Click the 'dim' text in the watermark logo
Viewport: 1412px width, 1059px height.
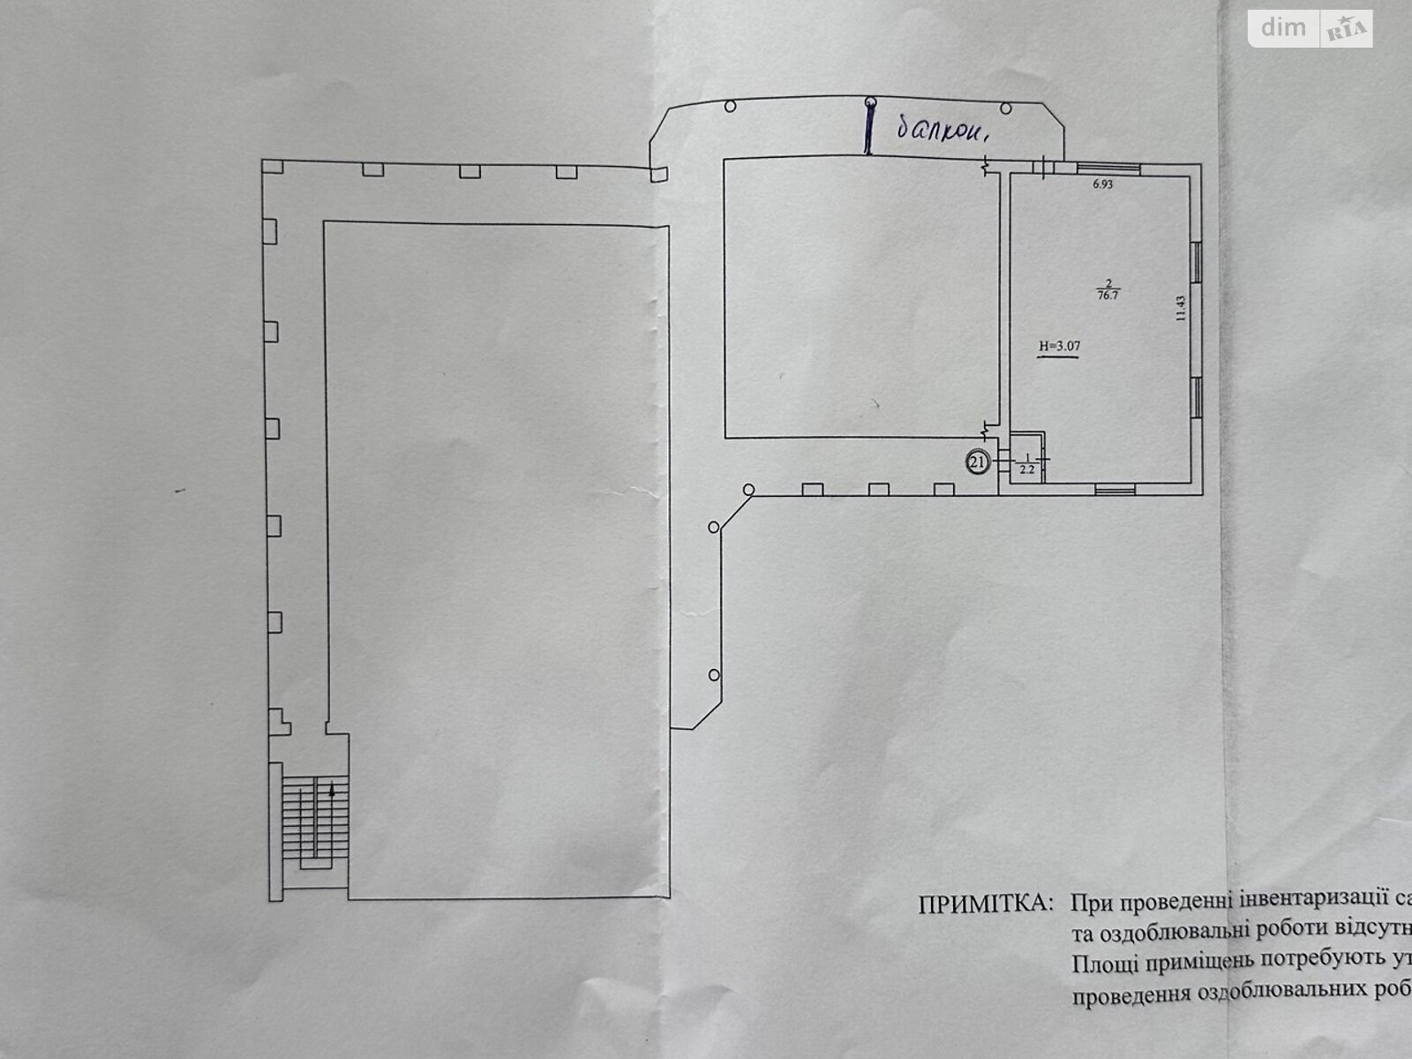pos(1283,28)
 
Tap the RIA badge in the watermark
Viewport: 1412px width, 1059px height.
pos(1345,30)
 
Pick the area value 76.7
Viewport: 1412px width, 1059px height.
pos(1102,297)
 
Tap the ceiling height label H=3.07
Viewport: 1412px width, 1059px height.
pos(1059,347)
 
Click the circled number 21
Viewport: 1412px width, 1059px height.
pos(976,462)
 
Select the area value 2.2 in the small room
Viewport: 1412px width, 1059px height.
pos(1027,469)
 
